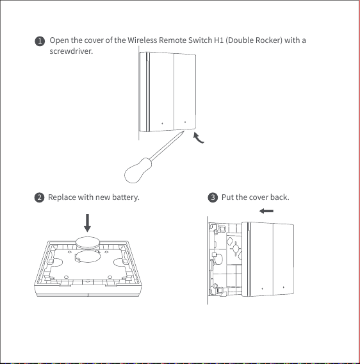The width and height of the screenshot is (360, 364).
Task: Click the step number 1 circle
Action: tap(40, 41)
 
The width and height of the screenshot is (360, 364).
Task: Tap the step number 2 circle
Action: tap(40, 197)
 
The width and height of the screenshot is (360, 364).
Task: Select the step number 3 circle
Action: tap(213, 197)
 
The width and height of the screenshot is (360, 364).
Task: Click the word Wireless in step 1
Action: tap(142, 40)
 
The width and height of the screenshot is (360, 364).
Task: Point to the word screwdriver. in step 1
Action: tap(71, 51)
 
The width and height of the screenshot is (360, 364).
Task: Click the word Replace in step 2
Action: tap(62, 197)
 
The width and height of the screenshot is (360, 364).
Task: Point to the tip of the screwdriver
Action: tap(184, 131)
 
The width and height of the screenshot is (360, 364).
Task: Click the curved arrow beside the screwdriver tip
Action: tap(197, 138)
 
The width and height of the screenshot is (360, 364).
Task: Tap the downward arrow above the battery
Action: tap(87, 223)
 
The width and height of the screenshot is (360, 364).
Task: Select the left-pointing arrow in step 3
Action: tap(266, 211)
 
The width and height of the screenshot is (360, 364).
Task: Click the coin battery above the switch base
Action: tap(88, 243)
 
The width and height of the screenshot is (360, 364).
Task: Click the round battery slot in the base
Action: tap(88, 257)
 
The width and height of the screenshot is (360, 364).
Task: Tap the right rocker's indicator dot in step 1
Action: tap(185, 122)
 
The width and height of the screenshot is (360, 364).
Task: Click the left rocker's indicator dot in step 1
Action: tap(162, 124)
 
